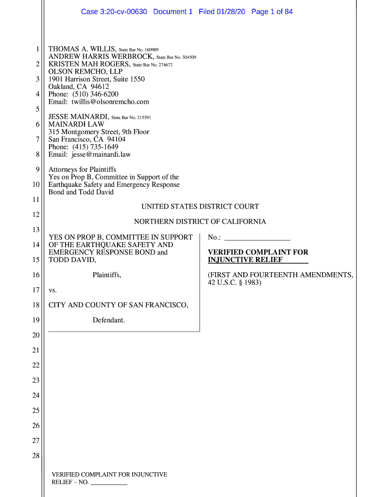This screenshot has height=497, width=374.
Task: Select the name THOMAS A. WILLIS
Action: [x=82, y=50]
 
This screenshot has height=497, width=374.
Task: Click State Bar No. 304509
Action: [x=176, y=57]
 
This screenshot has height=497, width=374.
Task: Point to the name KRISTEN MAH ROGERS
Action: [x=89, y=65]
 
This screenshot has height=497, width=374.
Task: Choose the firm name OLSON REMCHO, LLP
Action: [x=85, y=72]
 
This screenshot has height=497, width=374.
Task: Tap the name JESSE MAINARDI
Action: [x=79, y=117]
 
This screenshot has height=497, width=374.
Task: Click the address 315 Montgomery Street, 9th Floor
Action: [x=99, y=132]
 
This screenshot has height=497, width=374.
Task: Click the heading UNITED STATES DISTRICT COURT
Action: [x=200, y=207]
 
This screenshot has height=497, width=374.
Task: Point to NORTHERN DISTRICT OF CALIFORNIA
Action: [x=200, y=222]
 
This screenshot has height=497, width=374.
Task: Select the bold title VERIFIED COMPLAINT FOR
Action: [x=258, y=252]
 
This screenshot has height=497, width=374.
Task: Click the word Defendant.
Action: [x=109, y=320]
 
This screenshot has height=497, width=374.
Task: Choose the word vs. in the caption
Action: [x=53, y=290]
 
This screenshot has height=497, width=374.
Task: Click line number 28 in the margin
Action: [x=35, y=456]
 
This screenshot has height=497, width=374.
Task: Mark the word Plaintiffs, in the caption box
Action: [x=107, y=275]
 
